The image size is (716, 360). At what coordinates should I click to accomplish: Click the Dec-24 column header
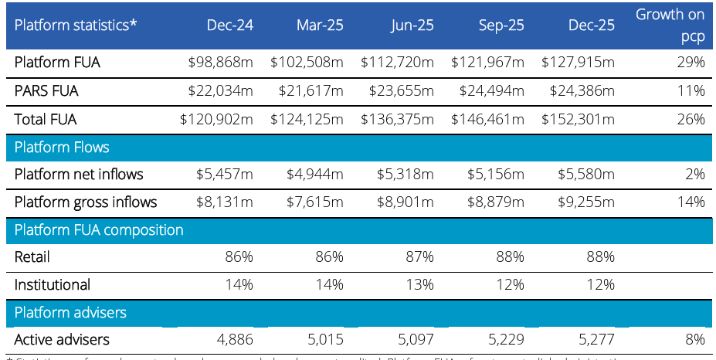point(229,25)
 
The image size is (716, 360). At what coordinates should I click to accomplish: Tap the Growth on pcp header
point(670,25)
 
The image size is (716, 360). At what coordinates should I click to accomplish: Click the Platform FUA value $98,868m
point(220,63)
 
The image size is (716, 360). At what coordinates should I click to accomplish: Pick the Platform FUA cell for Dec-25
point(578,63)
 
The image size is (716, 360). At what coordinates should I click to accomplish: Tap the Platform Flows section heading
point(62,147)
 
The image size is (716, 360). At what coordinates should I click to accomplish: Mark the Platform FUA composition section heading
point(99,229)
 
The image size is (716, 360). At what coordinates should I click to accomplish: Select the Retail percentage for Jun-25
point(420,256)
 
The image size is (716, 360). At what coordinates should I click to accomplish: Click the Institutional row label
point(53,284)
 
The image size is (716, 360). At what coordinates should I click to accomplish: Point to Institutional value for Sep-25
point(511,284)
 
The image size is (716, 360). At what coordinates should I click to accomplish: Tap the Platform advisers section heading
point(70,312)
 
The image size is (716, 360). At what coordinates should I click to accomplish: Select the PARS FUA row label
point(46,91)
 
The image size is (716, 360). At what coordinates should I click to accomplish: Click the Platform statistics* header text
point(76,25)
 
